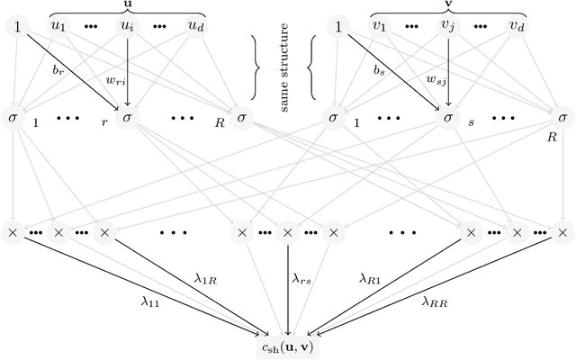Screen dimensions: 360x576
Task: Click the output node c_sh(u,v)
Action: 288,343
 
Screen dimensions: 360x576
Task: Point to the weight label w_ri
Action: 114,82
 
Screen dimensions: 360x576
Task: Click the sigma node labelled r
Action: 128,118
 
